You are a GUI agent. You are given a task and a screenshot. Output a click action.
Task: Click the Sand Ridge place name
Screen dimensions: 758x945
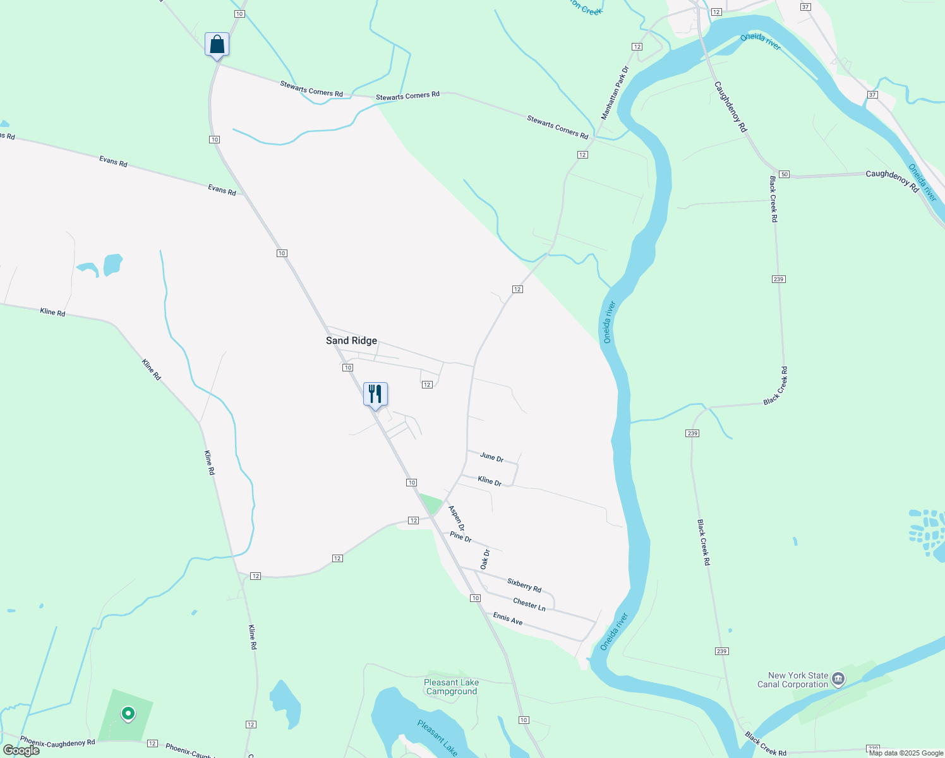click(351, 340)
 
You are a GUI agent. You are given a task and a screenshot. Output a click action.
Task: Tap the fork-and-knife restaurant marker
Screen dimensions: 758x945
click(375, 394)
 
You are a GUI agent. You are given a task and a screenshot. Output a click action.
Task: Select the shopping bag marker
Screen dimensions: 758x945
click(217, 45)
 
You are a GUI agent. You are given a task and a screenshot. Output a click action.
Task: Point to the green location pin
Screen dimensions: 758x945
click(128, 714)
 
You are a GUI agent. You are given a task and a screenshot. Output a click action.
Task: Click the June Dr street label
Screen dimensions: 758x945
click(491, 457)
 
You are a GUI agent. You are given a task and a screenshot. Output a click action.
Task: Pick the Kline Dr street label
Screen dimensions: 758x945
click(490, 481)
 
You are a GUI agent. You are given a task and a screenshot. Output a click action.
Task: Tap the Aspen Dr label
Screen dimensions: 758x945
click(457, 518)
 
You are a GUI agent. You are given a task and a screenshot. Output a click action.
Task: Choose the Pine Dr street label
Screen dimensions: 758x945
click(461, 537)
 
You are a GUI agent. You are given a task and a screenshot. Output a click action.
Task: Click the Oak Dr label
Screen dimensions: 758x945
click(485, 560)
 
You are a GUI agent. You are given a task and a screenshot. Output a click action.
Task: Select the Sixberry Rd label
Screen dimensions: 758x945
click(524, 586)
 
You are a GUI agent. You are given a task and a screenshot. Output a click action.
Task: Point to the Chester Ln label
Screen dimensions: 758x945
click(529, 605)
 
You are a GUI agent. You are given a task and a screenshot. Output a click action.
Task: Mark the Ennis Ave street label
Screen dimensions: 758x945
click(508, 618)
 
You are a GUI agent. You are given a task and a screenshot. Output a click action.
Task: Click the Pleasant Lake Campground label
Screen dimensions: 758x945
click(451, 687)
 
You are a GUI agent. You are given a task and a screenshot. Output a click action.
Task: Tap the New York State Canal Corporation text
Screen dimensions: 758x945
click(793, 680)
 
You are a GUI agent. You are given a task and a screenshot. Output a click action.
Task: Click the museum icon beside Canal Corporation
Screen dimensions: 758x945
click(838, 680)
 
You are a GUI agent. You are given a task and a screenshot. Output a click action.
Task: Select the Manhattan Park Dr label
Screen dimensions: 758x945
click(615, 93)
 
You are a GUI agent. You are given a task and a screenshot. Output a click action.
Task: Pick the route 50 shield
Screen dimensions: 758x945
click(784, 174)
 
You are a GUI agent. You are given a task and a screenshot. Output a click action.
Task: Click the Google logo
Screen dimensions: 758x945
click(21, 750)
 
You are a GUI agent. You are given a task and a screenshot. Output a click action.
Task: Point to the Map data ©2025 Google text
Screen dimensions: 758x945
click(906, 753)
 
